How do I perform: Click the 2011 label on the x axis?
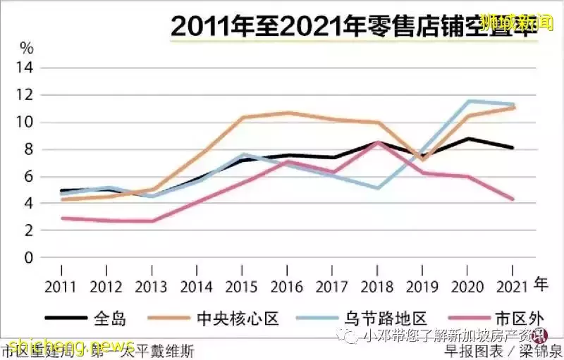pos(61,287)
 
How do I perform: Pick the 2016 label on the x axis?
pos(286,287)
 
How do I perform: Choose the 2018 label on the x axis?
pos(376,287)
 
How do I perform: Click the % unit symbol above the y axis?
pos(27,49)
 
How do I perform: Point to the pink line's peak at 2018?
pos(378,142)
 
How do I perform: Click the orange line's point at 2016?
pos(287,113)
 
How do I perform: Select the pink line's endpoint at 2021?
pos(513,199)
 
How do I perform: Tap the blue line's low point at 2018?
pos(378,188)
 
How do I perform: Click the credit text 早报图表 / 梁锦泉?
pos(503,350)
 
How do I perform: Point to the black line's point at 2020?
pos(467,139)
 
